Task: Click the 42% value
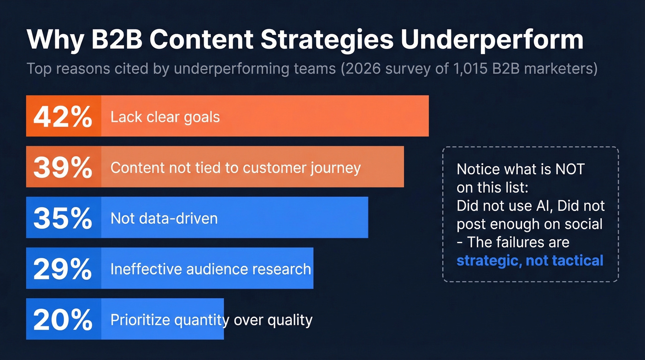[x=63, y=117]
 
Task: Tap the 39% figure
[x=63, y=167]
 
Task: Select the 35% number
[x=63, y=218]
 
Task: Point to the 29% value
[x=63, y=269]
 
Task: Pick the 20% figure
[x=63, y=319]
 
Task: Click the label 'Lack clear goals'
[x=165, y=117]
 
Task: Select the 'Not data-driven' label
[x=164, y=218]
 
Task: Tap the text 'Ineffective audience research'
[x=211, y=269]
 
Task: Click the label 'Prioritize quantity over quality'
[x=211, y=319]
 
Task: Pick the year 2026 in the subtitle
[x=356, y=69]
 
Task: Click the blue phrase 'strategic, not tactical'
[x=530, y=260]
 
